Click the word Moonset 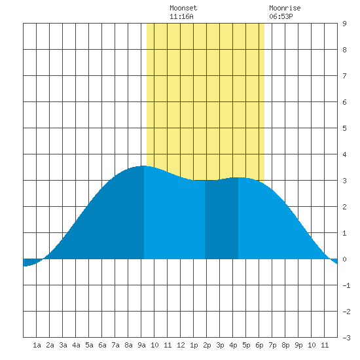click(x=183, y=8)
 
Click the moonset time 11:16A click(x=181, y=16)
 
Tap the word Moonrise click(x=285, y=8)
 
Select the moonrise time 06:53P click(x=281, y=16)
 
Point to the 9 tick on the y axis click(x=344, y=24)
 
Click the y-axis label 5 click(x=344, y=128)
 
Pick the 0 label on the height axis click(x=344, y=259)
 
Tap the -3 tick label click(x=346, y=338)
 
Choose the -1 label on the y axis click(x=346, y=285)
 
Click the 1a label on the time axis click(x=37, y=345)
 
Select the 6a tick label click(x=102, y=345)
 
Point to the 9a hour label click(x=141, y=345)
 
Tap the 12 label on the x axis click(x=181, y=345)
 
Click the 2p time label click(x=207, y=345)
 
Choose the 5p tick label click(x=246, y=345)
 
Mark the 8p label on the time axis click(x=285, y=345)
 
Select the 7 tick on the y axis click(x=344, y=76)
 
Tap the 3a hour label click(x=63, y=345)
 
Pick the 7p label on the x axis click(x=272, y=345)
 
